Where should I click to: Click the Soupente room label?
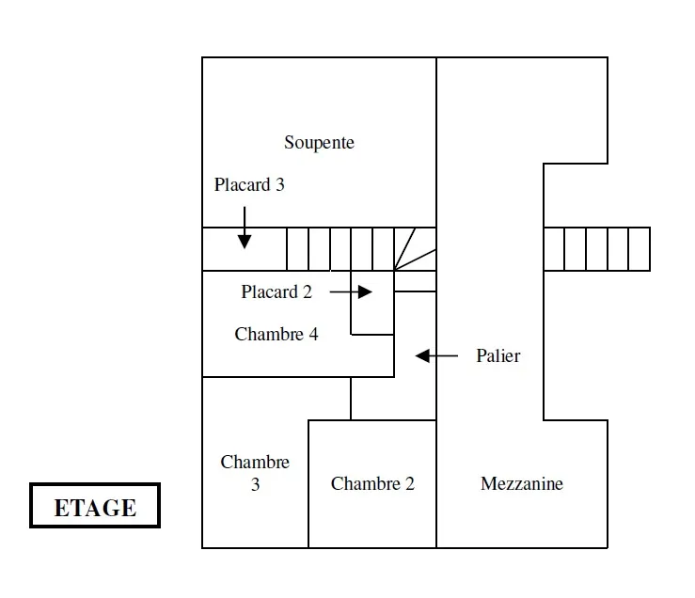319,143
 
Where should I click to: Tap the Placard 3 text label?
249,185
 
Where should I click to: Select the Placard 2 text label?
276,292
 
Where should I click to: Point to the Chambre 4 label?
276,335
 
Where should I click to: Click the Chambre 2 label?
372,484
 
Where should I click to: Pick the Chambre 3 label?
255,474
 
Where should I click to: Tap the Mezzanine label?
522,484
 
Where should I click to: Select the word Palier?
498,356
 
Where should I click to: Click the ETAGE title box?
95,508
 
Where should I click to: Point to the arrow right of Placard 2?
351,292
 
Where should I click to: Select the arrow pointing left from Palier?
436,356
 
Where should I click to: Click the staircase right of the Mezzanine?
596,249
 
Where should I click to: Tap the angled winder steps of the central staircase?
413,250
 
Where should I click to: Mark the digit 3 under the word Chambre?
255,486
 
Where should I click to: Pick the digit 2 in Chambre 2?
409,484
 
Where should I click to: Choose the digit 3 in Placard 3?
279,185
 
